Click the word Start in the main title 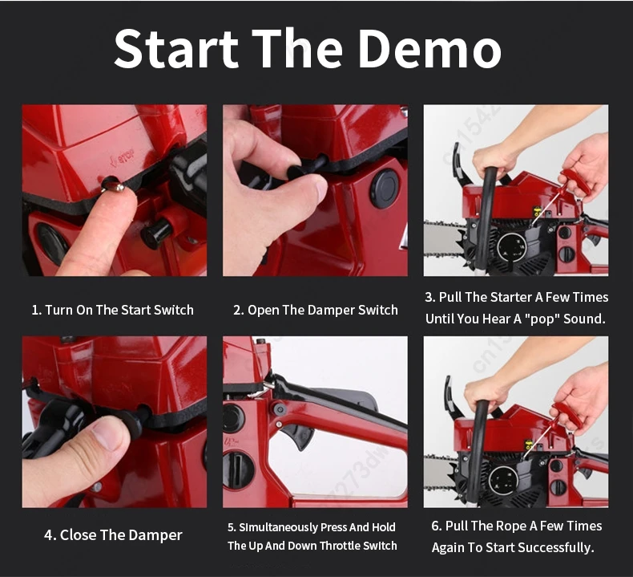tap(176, 48)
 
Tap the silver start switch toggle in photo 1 tap(115, 187)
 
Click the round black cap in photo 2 tap(385, 187)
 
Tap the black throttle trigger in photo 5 tap(297, 436)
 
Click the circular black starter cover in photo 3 tap(512, 248)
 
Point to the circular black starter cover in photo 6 tap(503, 481)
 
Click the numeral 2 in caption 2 tap(237, 310)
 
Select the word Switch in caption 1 tap(174, 310)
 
